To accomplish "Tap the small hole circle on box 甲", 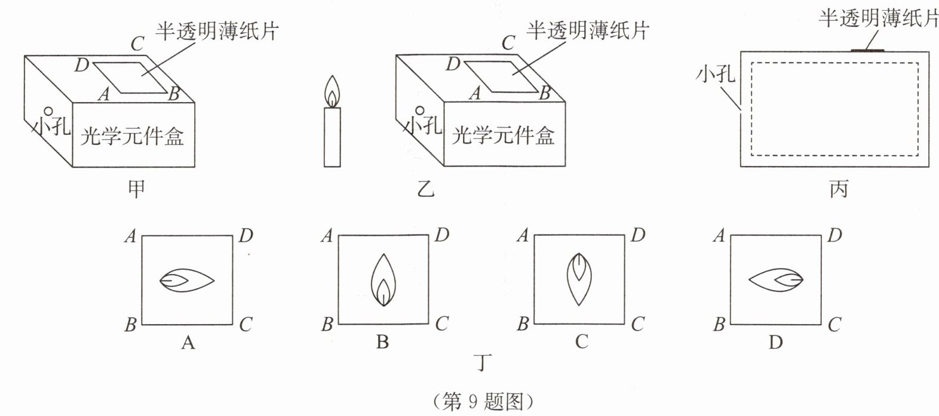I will (x=48, y=112).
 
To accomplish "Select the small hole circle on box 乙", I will (x=421, y=112).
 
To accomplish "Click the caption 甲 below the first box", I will (x=137, y=189).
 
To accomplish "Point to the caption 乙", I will (x=425, y=189).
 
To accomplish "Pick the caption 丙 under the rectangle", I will (x=839, y=189).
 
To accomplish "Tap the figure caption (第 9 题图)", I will (x=482, y=401).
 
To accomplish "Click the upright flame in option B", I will (x=383, y=280).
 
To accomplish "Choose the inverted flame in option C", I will (x=578, y=279).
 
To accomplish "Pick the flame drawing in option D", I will (x=775, y=280).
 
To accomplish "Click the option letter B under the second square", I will (x=383, y=343).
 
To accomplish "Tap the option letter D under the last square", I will (x=775, y=343).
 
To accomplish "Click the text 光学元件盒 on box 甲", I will (x=132, y=136).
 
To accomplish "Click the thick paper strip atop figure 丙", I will (x=867, y=51).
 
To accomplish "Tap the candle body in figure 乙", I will (x=332, y=137).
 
